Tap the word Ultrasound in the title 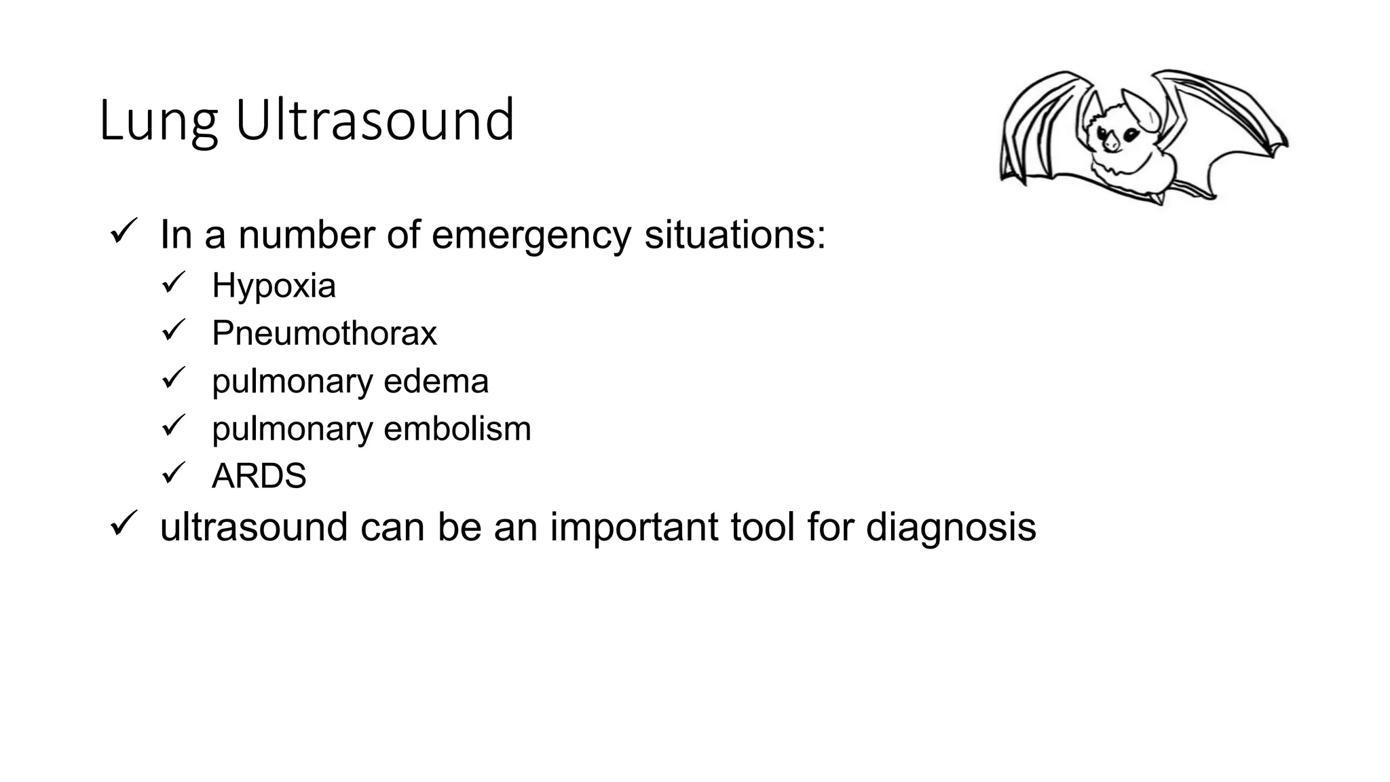click(x=375, y=121)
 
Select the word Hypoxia click(x=274, y=286)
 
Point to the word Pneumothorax click(x=324, y=333)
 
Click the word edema click(x=436, y=381)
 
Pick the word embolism click(x=457, y=429)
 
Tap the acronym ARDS click(x=259, y=477)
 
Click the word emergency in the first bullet click(x=531, y=236)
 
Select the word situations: click(x=735, y=236)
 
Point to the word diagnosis click(x=951, y=527)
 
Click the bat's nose click(x=1111, y=145)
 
